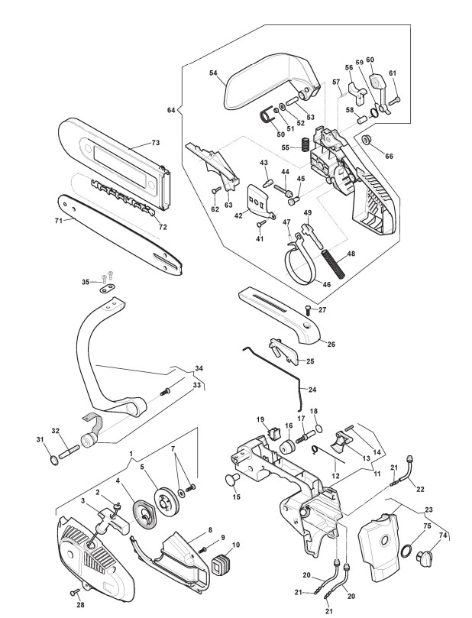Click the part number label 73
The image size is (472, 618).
[156, 143]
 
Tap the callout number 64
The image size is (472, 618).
[171, 110]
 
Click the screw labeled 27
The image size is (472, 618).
[309, 309]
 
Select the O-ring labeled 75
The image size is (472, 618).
[406, 551]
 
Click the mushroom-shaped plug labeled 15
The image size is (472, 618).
[231, 480]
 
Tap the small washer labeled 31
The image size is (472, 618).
[53, 460]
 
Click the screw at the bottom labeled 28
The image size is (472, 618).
[75, 591]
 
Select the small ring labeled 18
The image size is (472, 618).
[318, 429]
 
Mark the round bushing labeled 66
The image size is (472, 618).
[367, 139]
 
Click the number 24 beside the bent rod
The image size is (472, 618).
[312, 390]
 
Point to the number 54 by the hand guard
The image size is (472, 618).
[213, 73]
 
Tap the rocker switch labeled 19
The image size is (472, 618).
[272, 433]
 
